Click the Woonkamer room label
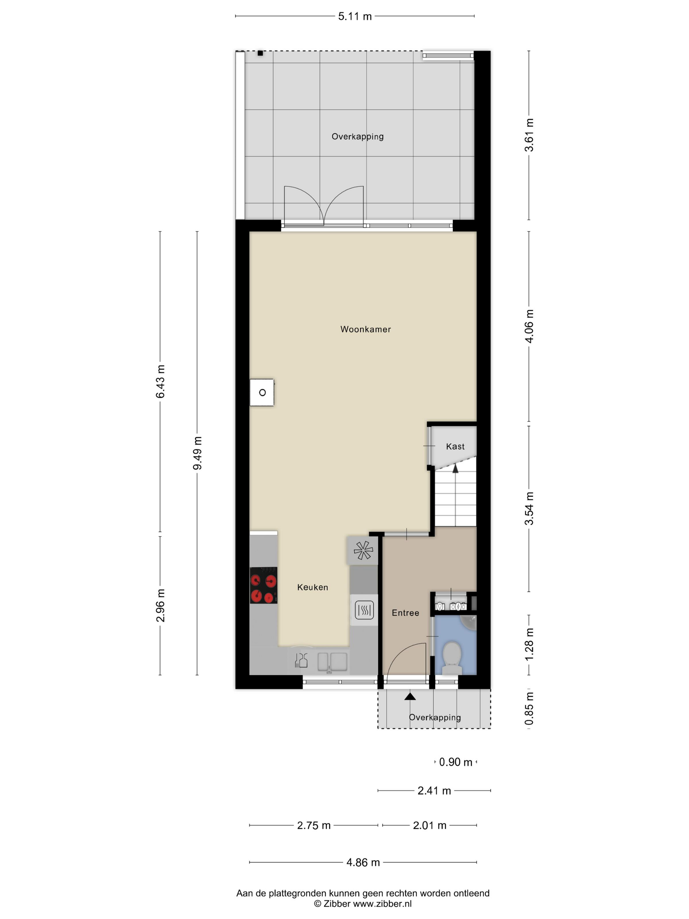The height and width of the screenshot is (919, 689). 365,330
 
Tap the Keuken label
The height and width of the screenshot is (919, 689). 313,588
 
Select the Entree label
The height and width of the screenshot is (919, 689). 405,613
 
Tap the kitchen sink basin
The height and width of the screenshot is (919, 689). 332,662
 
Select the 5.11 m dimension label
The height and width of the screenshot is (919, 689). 355,16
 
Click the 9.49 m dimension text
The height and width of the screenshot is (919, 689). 197,453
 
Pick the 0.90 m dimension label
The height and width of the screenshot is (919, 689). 456,762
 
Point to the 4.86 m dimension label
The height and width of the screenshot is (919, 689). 363,863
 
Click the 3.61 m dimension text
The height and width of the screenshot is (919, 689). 529,135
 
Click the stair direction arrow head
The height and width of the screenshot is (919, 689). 455,469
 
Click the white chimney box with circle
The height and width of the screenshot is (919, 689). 261,392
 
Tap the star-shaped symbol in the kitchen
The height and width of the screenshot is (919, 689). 363,551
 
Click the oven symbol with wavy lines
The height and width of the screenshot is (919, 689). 364,610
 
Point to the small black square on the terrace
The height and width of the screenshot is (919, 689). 260,53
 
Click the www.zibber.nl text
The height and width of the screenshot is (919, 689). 382,903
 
